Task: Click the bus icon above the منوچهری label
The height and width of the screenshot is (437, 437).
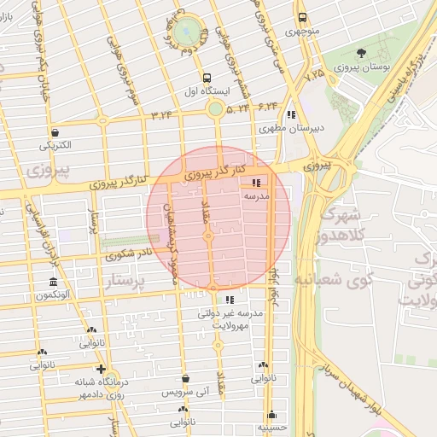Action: (x=302, y=18)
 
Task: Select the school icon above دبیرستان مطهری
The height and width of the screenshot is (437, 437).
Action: (x=292, y=114)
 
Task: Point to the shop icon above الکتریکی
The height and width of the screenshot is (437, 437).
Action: (x=55, y=132)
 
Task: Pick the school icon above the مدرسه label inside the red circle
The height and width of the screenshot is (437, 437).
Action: (x=257, y=183)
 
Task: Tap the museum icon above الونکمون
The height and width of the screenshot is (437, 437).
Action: (x=53, y=283)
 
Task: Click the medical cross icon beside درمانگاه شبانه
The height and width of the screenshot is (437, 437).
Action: (x=101, y=370)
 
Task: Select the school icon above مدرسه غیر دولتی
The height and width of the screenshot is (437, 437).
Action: (x=229, y=300)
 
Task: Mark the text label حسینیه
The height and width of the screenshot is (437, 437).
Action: (x=271, y=428)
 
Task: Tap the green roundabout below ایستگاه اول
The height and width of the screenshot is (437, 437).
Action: (x=215, y=108)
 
